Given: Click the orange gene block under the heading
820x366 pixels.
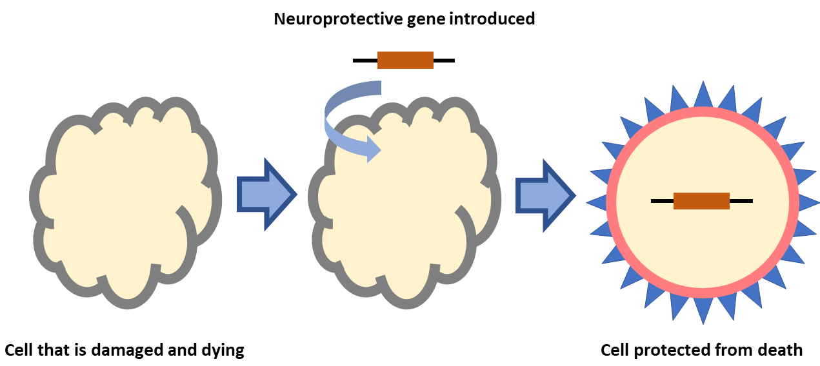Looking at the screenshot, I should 405,60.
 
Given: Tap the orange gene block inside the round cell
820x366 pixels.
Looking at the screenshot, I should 701,201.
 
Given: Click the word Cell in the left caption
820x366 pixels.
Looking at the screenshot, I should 19,351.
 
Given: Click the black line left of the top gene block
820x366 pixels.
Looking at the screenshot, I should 365,60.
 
